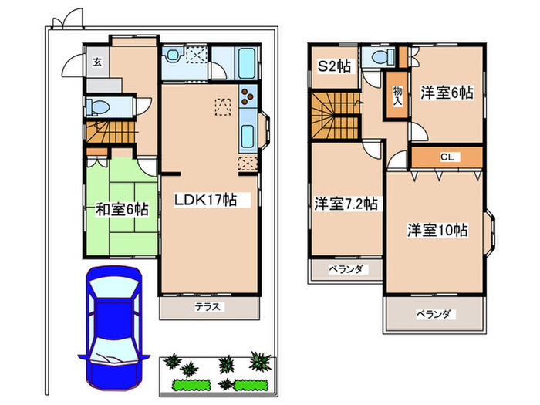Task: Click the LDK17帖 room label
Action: pos(204,199)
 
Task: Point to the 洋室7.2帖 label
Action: pos(346,204)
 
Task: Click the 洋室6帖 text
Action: pos(447,93)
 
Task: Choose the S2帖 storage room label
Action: pos(335,66)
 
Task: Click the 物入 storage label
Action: pos(398,94)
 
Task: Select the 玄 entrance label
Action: pos(97,62)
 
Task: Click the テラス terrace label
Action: pos(208,307)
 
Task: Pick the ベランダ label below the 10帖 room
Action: pos(435,314)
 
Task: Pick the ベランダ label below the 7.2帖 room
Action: pos(346,269)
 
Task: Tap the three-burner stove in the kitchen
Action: pos(249,98)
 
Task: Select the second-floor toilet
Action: pos(379,60)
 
